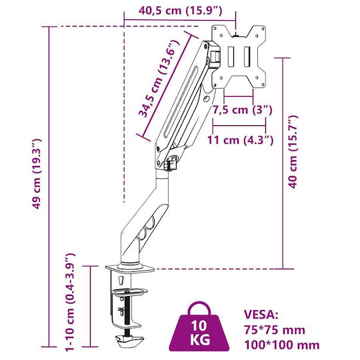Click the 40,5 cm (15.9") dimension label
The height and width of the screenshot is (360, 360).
click(x=180, y=11)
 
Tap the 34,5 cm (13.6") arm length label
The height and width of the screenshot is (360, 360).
click(x=159, y=79)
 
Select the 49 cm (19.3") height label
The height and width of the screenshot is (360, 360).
click(x=37, y=174)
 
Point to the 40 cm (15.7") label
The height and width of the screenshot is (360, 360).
click(x=293, y=152)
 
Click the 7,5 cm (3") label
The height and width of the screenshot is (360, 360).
click(x=242, y=110)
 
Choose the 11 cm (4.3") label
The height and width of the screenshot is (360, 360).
click(x=241, y=140)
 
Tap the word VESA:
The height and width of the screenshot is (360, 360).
click(x=261, y=315)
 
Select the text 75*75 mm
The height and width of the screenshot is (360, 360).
click(x=275, y=330)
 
